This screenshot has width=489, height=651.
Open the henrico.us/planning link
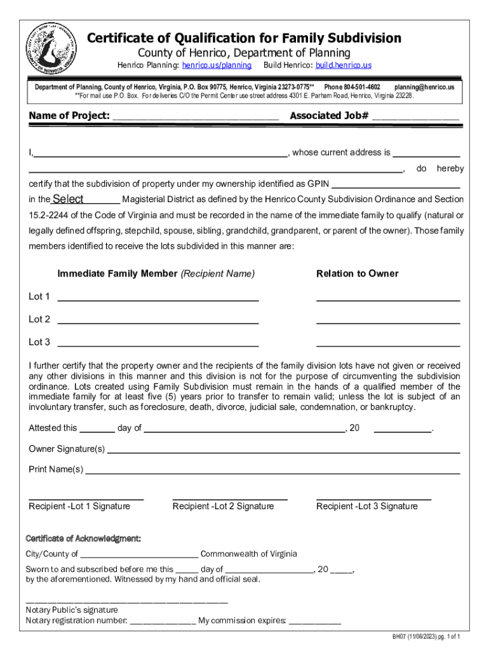pyautogui.click(x=217, y=65)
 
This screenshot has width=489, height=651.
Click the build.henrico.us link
pyautogui.click(x=343, y=65)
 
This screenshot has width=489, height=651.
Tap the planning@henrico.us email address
pyautogui.click(x=424, y=86)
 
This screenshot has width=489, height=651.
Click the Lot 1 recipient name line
pyautogui.click(x=158, y=298)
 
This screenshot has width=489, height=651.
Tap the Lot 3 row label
pyautogui.click(x=39, y=342)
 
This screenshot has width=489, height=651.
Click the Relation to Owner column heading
pyautogui.click(x=358, y=274)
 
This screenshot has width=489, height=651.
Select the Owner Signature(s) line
pyautogui.click(x=283, y=450)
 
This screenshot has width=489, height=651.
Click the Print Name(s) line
pyautogui.click(x=272, y=471)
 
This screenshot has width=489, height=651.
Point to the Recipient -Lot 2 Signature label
pyautogui.click(x=223, y=507)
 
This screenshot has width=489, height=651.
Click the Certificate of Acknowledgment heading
pyautogui.click(x=83, y=539)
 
